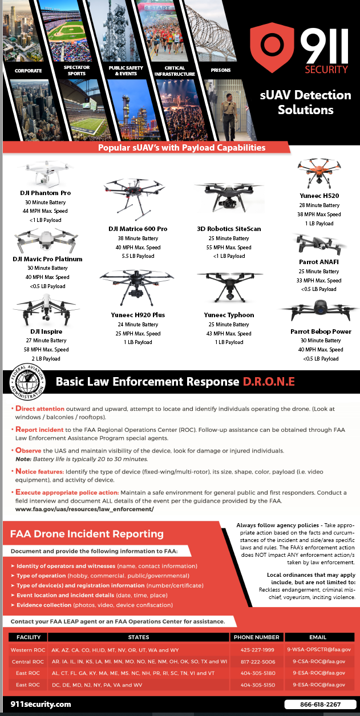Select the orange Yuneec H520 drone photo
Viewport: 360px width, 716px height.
coord(318,172)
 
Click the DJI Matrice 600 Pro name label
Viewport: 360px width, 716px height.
coord(137,229)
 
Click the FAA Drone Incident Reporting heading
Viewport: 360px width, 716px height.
coord(87,534)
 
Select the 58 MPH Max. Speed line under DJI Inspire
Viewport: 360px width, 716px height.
coord(46,350)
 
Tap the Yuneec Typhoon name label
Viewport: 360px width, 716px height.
coord(229,315)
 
